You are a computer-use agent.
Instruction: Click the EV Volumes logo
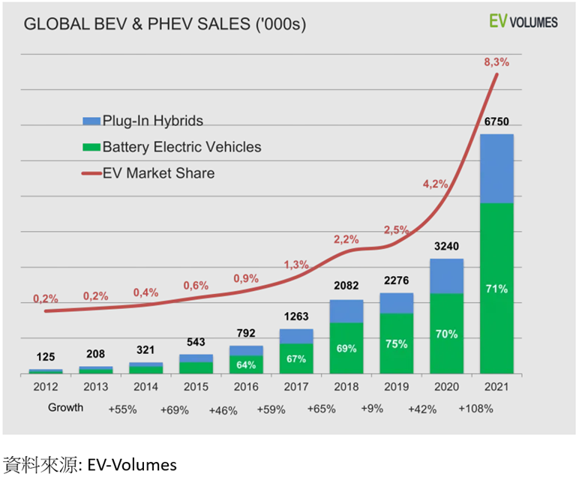pos(523,22)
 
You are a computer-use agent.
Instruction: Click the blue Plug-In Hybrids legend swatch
pos(91,121)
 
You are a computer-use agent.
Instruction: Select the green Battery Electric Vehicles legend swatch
pos(91,147)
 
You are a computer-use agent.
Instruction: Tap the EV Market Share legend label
pos(158,173)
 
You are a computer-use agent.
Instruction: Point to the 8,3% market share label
pos(496,62)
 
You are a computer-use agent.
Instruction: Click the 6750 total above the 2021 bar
pos(496,121)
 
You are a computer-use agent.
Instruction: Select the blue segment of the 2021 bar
pos(496,169)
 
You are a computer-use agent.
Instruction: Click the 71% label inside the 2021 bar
pos(496,289)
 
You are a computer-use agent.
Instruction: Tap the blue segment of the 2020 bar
pos(446,276)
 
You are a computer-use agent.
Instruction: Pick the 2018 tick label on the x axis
pos(346,386)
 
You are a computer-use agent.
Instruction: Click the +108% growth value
pos(475,409)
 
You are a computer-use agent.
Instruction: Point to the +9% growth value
pos(372,409)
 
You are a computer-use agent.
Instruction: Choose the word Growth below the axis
pos(66,407)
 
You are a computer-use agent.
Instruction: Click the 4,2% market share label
pos(435,184)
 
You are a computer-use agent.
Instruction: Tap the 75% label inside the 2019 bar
pos(397,344)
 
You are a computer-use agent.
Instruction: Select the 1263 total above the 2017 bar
pos(296,316)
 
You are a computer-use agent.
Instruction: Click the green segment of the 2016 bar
pos(246,364)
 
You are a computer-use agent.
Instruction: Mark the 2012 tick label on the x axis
pos(46,386)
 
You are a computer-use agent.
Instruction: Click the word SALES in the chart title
pos(223,24)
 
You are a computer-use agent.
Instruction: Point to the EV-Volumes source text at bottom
pos(132,465)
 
